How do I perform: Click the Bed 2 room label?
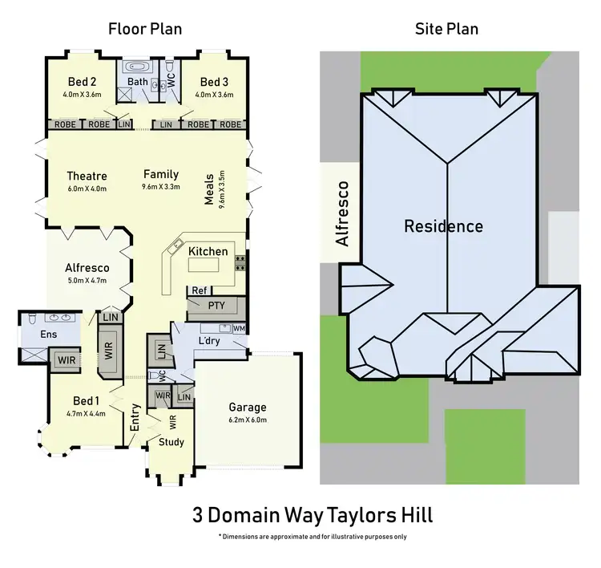[82, 82]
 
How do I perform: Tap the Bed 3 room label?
[215, 82]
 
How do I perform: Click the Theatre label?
[87, 176]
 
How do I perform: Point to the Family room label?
[161, 174]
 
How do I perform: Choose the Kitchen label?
[208, 251]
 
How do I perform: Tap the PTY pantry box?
[216, 306]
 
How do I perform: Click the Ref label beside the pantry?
[199, 290]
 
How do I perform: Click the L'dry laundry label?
[209, 342]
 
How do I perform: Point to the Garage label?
[248, 407]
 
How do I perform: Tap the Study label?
[171, 442]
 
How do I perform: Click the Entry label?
[135, 423]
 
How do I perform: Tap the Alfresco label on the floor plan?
[87, 268]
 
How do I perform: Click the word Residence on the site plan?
[443, 226]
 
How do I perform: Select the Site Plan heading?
[446, 30]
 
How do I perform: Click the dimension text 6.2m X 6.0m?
[248, 420]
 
